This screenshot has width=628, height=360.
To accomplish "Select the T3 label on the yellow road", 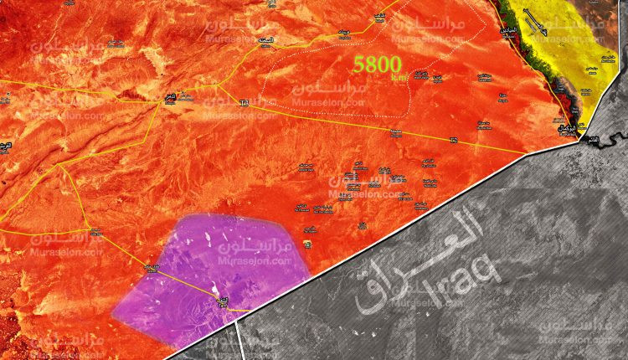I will click(245, 103).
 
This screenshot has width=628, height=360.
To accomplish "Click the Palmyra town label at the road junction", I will click(170, 96).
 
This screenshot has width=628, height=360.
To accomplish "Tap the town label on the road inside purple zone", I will click(222, 301).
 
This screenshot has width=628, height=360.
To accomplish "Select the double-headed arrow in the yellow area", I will click(537, 20).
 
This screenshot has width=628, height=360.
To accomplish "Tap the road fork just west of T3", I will click(218, 85).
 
